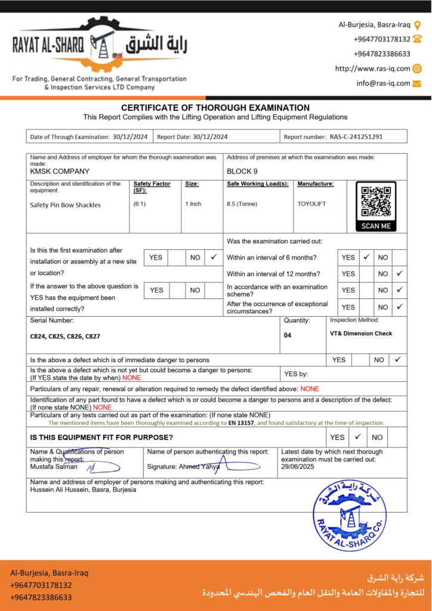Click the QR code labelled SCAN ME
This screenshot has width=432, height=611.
point(376,206)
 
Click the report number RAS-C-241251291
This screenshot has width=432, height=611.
point(356,137)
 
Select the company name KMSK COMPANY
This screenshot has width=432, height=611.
point(60,171)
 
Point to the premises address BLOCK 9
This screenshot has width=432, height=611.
point(242,171)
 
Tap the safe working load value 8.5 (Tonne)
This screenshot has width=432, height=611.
point(242,204)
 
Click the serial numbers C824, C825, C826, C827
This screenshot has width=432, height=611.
point(65,337)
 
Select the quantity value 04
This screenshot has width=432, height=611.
point(288,335)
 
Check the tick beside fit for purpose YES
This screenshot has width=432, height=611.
point(357,437)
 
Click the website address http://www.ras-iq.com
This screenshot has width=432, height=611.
point(372,69)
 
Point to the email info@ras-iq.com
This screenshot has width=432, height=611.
point(383,84)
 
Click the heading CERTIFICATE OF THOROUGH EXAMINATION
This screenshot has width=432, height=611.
point(215,107)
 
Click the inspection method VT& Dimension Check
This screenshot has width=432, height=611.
point(361,334)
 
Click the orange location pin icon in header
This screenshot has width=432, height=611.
point(417,24)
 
